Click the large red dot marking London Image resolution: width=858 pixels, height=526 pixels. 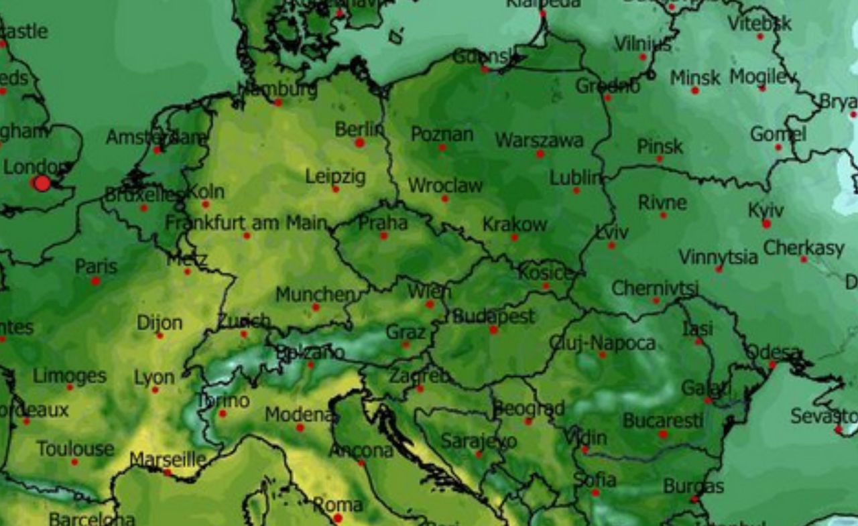point(42,183)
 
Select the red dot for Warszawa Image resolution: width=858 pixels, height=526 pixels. point(540,154)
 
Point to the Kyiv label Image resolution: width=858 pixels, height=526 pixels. point(765,210)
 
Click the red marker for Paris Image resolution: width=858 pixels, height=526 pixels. point(95,281)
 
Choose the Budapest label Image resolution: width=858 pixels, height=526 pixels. point(494,316)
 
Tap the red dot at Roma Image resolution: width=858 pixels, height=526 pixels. point(338,518)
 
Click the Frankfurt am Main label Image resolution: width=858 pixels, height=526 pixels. point(246,222)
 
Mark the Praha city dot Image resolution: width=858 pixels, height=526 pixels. point(383,236)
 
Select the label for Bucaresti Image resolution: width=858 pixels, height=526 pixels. point(663,420)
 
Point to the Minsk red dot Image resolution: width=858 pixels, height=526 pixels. point(695,90)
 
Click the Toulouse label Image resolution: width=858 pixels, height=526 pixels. point(75,448)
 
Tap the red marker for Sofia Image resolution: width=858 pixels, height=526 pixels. point(595,492)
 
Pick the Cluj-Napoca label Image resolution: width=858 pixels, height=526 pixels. point(602,343)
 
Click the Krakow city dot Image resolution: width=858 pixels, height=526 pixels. point(514,237)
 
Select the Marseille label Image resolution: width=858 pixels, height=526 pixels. point(168,460)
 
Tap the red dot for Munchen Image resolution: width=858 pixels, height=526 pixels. point(315,308)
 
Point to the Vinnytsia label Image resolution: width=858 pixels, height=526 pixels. point(718,256)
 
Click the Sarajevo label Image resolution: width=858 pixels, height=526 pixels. point(479,441)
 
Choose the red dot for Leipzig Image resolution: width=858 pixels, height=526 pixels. point(335,189)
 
